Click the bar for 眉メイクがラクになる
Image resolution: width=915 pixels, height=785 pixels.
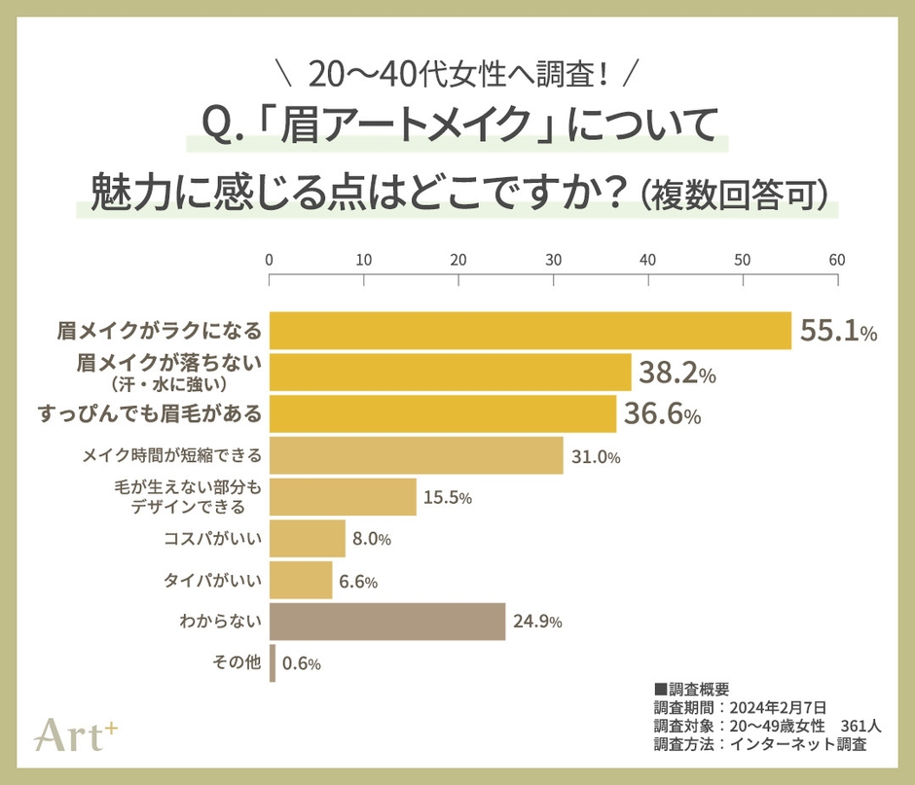pyautogui.click(x=530, y=331)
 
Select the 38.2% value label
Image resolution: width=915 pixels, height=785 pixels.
pyautogui.click(x=677, y=373)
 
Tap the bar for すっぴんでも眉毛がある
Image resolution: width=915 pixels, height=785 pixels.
pyautogui.click(x=442, y=414)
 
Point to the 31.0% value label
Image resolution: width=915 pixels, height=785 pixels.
pyautogui.click(x=595, y=456)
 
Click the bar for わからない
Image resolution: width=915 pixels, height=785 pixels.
pyautogui.click(x=386, y=622)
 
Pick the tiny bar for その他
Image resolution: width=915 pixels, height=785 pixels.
pyautogui.click(x=273, y=663)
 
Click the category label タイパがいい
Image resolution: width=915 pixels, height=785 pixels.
pyautogui.click(x=212, y=581)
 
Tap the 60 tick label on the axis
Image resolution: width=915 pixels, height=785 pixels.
pyautogui.click(x=837, y=260)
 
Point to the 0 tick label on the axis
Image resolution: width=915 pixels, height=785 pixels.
pyautogui.click(x=269, y=260)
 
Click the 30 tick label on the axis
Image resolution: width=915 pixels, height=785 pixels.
pyautogui.click(x=553, y=260)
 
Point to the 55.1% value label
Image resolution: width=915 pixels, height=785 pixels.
pyautogui.click(x=838, y=332)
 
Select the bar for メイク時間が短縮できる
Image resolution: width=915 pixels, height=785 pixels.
pyautogui.click(x=416, y=456)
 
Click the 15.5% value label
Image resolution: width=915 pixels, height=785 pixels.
pyautogui.click(x=447, y=498)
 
